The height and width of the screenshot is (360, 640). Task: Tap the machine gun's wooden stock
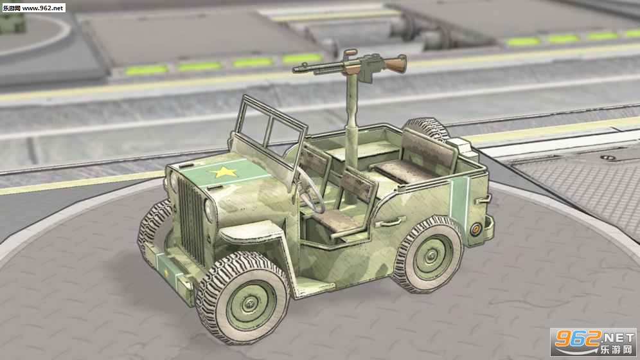pyautogui.click(x=395, y=64)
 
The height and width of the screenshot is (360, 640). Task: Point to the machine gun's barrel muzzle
pyautogui.click(x=295, y=71)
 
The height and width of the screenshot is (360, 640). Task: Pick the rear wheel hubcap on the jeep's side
pyautogui.click(x=432, y=256)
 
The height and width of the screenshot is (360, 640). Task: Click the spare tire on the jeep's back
pyautogui.click(x=427, y=129)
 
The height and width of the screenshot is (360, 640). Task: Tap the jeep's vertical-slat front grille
pyautogui.click(x=191, y=221)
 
